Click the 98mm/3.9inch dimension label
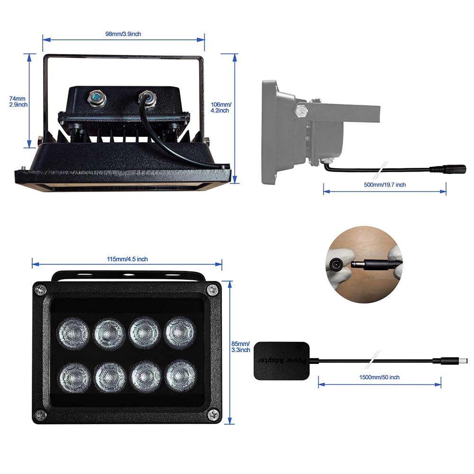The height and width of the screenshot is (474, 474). [123, 34]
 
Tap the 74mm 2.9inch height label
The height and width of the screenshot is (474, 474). [18, 101]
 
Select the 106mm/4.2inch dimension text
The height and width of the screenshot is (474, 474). [220, 107]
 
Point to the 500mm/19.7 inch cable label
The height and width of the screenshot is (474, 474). [384, 184]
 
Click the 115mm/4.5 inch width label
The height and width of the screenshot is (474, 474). [127, 259]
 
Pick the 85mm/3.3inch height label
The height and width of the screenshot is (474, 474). [240, 346]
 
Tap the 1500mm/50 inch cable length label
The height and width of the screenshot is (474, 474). [379, 377]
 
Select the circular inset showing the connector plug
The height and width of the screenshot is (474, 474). [364, 264]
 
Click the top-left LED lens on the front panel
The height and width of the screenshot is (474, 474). [73, 333]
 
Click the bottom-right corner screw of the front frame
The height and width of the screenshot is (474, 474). [213, 415]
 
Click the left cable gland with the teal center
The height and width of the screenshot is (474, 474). [97, 98]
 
